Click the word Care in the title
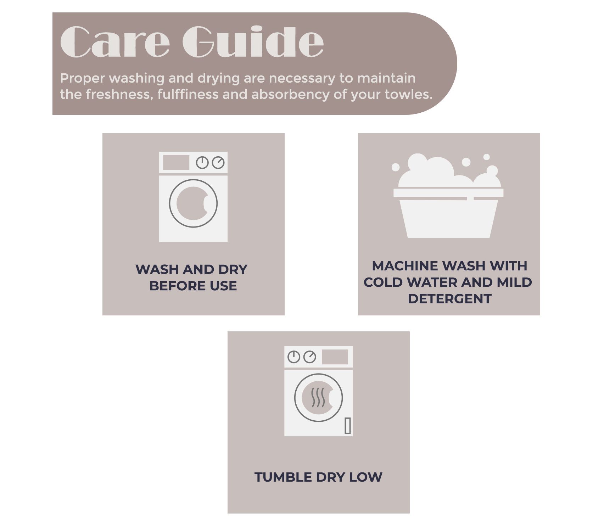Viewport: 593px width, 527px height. (x=115, y=42)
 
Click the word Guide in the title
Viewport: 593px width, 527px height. (x=253, y=42)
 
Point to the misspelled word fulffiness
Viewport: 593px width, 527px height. (x=188, y=94)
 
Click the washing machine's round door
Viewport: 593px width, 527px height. (x=193, y=203)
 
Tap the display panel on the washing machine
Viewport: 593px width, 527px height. (x=176, y=163)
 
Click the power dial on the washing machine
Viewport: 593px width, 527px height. (x=202, y=163)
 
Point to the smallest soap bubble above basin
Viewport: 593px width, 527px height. (x=486, y=157)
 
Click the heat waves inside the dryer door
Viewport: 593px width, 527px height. (x=318, y=398)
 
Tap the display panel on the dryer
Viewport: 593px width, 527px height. (x=335, y=357)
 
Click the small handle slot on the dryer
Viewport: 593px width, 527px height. (x=348, y=426)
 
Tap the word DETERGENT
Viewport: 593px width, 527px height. (x=449, y=299)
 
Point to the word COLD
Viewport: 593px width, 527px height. (x=384, y=282)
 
